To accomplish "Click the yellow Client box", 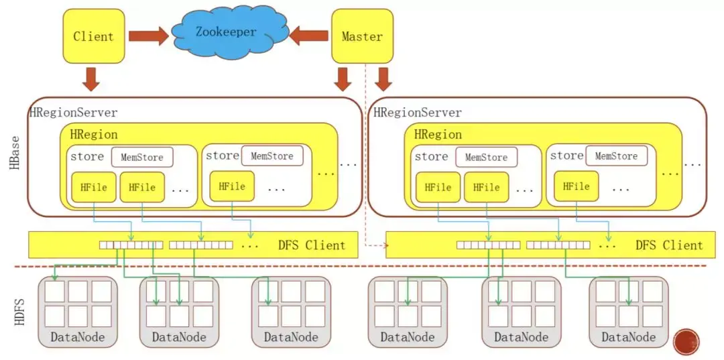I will (x=94, y=36).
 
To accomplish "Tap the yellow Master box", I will (x=362, y=36).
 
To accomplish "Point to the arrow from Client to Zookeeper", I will (x=148, y=36).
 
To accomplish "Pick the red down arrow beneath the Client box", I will (x=93, y=78).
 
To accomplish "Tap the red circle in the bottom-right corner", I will (x=687, y=342).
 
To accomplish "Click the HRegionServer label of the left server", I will (x=74, y=113).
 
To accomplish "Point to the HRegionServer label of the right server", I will (x=418, y=113).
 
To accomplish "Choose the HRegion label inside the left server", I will (x=94, y=134).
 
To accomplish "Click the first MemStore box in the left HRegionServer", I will (x=142, y=158).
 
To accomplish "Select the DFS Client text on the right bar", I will (x=669, y=245).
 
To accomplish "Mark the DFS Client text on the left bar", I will (x=312, y=245).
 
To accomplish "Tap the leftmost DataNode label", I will (x=78, y=337).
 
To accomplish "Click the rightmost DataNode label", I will (x=628, y=337).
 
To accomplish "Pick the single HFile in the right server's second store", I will (x=576, y=186).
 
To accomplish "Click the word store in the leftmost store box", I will (x=87, y=157).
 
